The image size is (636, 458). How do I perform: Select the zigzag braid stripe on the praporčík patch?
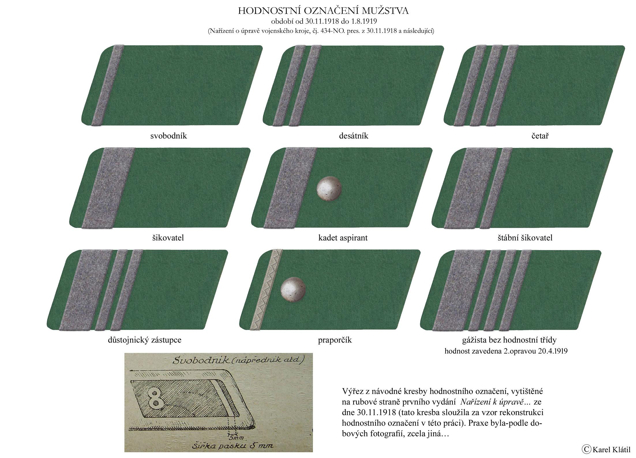click(x=267, y=289)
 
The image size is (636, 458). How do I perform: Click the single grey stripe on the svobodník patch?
click(x=108, y=85)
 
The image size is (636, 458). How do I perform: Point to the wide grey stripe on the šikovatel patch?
click(x=108, y=188)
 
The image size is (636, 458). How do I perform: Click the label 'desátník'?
click(x=354, y=136)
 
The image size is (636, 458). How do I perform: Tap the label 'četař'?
click(x=540, y=136)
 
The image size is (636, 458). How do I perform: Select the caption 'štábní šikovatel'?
click(x=525, y=238)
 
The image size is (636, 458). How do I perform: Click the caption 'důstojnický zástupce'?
click(x=145, y=340)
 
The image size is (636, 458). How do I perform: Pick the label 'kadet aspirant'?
click(x=343, y=238)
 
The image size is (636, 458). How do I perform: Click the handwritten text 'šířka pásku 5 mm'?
click(x=232, y=446)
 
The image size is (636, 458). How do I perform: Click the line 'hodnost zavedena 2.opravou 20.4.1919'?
click(x=506, y=351)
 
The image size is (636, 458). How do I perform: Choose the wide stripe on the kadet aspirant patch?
click(x=290, y=188)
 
